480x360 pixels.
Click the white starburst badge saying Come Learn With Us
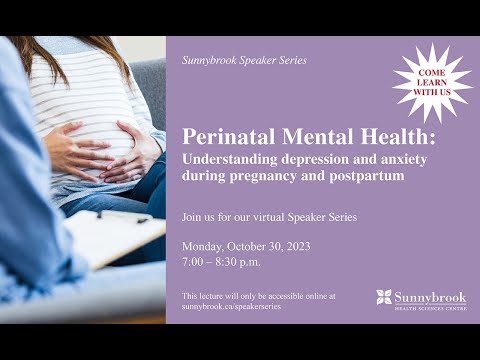(432, 83)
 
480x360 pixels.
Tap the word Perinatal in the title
(229, 138)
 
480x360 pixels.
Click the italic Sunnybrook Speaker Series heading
(244, 60)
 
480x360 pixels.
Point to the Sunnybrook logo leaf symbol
(384, 297)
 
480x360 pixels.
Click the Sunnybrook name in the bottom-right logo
(432, 296)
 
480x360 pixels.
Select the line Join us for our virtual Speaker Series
(269, 217)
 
